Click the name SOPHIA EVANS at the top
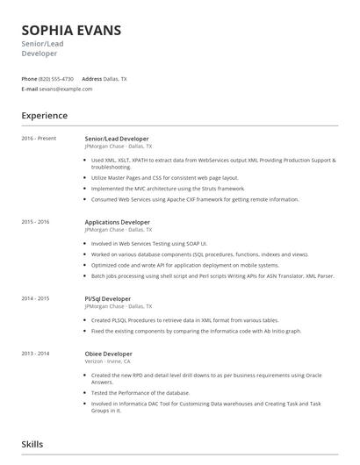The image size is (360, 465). pos(71,31)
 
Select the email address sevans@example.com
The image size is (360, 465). pos(66,89)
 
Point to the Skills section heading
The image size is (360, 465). pos(32,446)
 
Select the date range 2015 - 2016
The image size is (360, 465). pos(36,223)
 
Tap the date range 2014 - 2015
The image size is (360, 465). pos(36,298)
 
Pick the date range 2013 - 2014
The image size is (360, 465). pos(36,353)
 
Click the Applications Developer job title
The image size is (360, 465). pos(117,223)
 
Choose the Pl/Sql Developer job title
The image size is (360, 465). pos(107,298)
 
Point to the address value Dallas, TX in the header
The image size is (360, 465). pos(115,79)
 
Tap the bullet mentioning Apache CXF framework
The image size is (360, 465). pos(195,199)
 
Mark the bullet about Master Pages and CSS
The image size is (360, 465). pos(168,176)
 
